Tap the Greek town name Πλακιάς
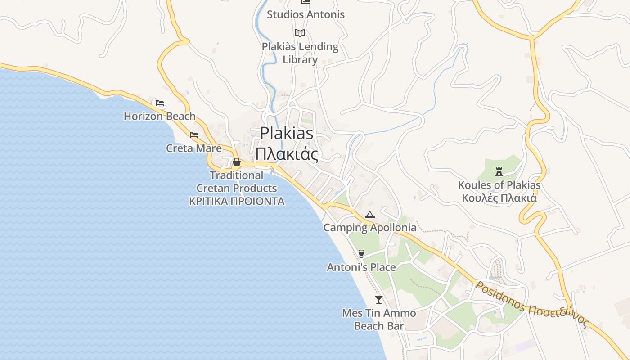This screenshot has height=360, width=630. pyautogui.click(x=287, y=154)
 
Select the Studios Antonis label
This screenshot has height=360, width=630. pyautogui.click(x=306, y=14)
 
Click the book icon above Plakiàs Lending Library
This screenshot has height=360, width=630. pyautogui.click(x=300, y=33)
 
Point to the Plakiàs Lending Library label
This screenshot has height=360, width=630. pyautogui.click(x=300, y=53)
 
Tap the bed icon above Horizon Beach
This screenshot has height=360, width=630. pyautogui.click(x=160, y=103)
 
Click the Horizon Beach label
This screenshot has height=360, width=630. pyautogui.click(x=160, y=116)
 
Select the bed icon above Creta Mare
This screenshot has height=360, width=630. pyautogui.click(x=194, y=135)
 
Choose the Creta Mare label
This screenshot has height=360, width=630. pyautogui.click(x=194, y=148)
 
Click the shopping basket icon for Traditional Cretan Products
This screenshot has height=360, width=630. pyautogui.click(x=237, y=162)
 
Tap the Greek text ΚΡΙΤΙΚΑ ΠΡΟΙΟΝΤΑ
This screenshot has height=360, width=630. pyautogui.click(x=237, y=201)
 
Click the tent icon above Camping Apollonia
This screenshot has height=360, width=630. pyautogui.click(x=370, y=215)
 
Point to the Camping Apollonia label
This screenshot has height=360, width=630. pyautogui.click(x=370, y=228)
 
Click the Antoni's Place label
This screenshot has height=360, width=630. pyautogui.click(x=361, y=267)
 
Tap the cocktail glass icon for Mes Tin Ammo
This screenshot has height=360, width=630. pyautogui.click(x=379, y=299)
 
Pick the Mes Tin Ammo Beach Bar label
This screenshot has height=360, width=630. pyautogui.click(x=379, y=319)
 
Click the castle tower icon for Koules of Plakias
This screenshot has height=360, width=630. pyautogui.click(x=499, y=171)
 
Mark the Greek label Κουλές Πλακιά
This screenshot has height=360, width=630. pyautogui.click(x=499, y=198)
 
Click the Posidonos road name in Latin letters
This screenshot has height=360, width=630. pyautogui.click(x=500, y=297)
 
